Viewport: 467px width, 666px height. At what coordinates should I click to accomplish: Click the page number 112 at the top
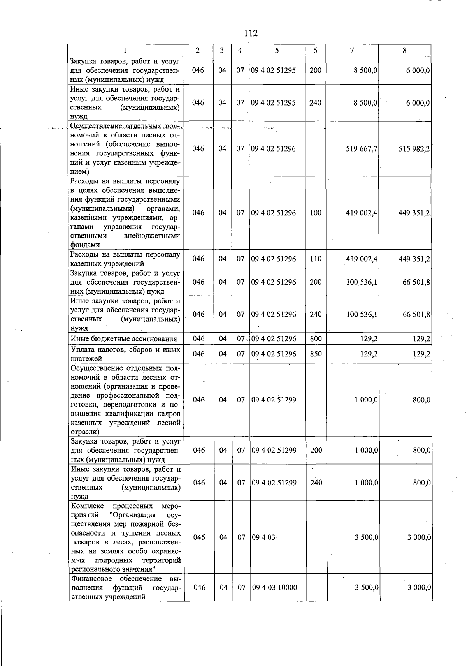[x=251, y=33]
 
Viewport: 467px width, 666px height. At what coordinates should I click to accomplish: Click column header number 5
[x=277, y=50]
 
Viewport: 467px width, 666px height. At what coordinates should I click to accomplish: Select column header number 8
[x=404, y=50]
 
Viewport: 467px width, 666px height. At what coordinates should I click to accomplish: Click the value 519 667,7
[x=362, y=149]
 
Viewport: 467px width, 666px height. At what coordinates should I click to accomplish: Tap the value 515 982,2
[x=414, y=149]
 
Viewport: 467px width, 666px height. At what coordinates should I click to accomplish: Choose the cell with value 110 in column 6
[x=315, y=259]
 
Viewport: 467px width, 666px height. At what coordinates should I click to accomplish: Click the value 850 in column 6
[x=316, y=354]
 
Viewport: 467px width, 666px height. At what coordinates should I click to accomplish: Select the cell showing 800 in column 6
[x=316, y=339]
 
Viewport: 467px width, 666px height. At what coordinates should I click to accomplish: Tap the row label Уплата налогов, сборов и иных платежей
[x=125, y=354]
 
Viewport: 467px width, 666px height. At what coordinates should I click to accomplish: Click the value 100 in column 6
[x=315, y=213]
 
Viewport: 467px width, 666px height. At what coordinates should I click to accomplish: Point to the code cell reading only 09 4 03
[x=263, y=537]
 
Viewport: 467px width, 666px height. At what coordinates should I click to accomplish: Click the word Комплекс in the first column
[x=88, y=506]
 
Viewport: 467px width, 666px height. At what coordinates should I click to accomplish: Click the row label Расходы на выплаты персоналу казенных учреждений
[x=125, y=259]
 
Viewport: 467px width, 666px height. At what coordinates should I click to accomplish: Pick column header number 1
[x=125, y=50]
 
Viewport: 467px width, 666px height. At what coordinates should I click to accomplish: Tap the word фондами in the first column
[x=85, y=245]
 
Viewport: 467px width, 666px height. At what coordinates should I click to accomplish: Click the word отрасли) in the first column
[x=84, y=432]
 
